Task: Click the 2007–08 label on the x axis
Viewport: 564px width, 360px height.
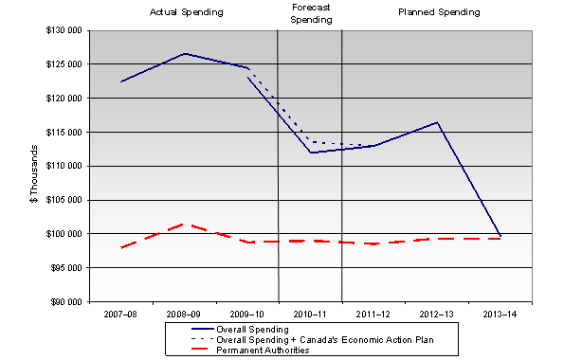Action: tap(120, 312)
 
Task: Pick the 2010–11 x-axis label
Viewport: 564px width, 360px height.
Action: tap(310, 312)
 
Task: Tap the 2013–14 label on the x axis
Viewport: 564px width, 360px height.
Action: tap(500, 312)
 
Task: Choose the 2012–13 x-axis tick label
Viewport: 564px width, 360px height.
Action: tap(436, 312)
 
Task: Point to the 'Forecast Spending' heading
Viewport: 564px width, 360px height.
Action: tap(309, 12)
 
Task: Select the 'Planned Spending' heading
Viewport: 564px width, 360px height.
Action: tap(439, 12)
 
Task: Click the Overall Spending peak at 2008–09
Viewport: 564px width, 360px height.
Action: tap(184, 54)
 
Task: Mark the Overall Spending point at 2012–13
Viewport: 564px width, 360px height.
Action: tap(437, 122)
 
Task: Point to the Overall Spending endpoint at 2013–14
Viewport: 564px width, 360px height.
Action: tap(500, 236)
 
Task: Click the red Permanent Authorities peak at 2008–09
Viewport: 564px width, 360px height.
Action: tap(184, 225)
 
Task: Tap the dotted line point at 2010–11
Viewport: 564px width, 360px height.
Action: tap(310, 142)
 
